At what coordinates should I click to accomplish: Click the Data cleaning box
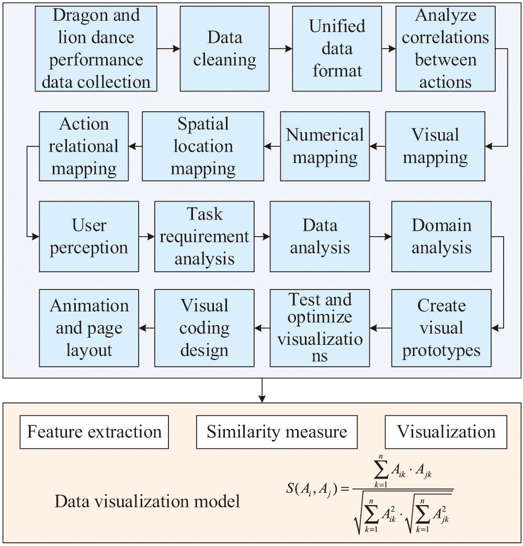[225, 49]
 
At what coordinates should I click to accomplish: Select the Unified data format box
[337, 49]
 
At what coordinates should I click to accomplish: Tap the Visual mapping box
[435, 146]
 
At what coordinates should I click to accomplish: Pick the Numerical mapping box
[325, 146]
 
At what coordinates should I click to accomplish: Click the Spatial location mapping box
[203, 146]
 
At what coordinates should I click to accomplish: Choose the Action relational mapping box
[84, 146]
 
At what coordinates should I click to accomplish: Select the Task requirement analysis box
[204, 236]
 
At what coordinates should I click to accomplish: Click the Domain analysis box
[441, 236]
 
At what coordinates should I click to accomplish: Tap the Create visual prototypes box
[441, 328]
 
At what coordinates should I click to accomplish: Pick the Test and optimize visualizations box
[320, 328]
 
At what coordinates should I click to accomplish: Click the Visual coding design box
[204, 328]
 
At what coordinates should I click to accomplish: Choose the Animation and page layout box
[89, 328]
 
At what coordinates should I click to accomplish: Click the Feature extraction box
[94, 432]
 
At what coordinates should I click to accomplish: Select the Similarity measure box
[277, 432]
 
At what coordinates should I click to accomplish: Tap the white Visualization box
[446, 432]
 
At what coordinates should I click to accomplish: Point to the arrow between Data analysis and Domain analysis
[380, 236]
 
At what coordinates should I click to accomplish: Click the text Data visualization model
[147, 502]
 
